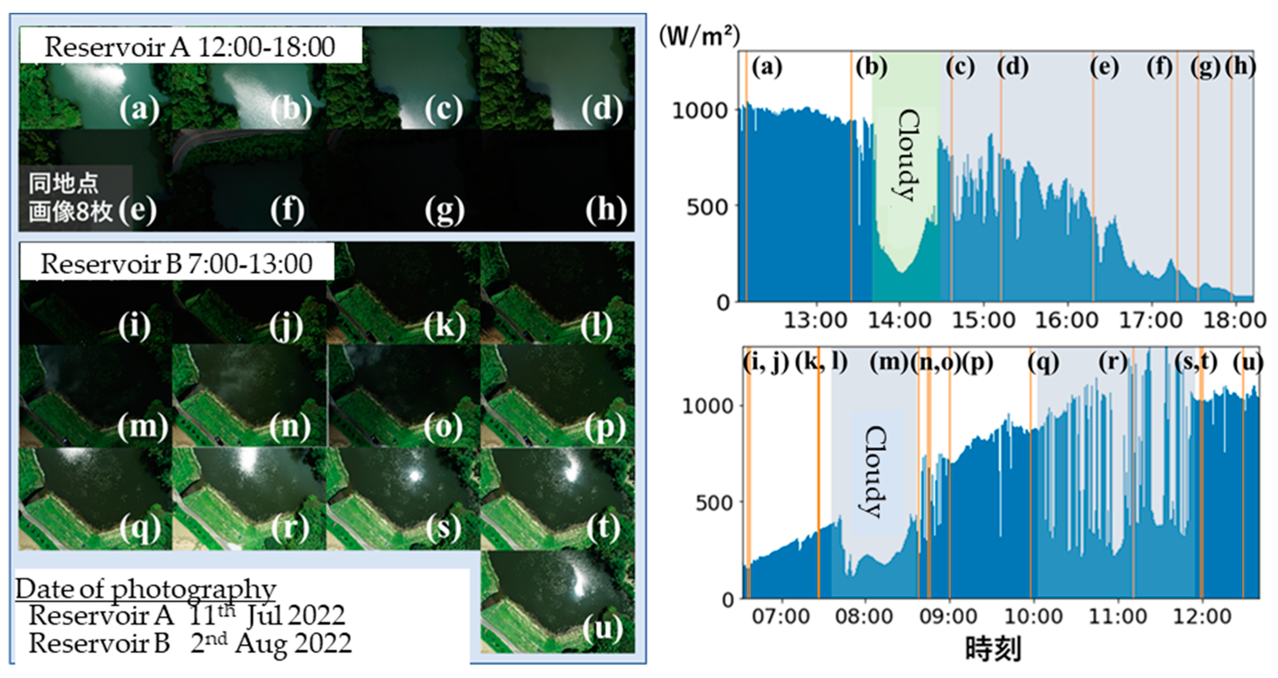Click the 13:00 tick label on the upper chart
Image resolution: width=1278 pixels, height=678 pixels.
pyautogui.click(x=815, y=320)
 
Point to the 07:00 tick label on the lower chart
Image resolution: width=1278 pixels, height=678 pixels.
pyautogui.click(x=780, y=616)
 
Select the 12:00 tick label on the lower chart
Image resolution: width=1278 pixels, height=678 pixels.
pyautogui.click(x=1202, y=616)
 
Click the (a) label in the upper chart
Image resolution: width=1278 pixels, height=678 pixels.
pyautogui.click(x=766, y=67)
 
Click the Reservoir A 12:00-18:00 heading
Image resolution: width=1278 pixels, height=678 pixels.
pyautogui.click(x=190, y=47)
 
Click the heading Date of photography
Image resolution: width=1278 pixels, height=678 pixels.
pyautogui.click(x=145, y=589)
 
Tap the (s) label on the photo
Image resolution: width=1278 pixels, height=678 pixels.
pyautogui.click(x=443, y=528)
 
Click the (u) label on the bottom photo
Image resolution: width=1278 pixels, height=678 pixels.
pyautogui.click(x=602, y=629)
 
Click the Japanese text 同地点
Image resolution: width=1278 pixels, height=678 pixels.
pyautogui.click(x=63, y=183)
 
